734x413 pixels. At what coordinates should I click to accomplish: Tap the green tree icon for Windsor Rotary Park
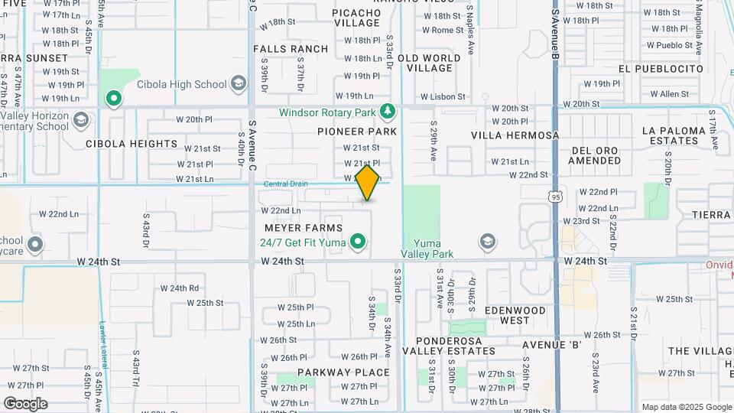388,112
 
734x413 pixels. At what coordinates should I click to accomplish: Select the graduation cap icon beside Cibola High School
239,83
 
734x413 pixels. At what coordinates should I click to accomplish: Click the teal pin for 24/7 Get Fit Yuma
357,243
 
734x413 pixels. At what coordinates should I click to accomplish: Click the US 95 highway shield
553,197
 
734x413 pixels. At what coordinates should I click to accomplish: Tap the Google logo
25,403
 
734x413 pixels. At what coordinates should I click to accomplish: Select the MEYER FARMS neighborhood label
304,228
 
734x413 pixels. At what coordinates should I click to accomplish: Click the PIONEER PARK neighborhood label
357,132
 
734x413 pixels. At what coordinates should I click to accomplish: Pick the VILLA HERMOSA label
515,135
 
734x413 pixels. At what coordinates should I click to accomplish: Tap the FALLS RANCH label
291,49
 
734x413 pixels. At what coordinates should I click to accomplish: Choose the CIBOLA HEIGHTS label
132,143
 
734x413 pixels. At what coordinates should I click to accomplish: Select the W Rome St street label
443,30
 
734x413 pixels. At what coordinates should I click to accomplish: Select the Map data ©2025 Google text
686,407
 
